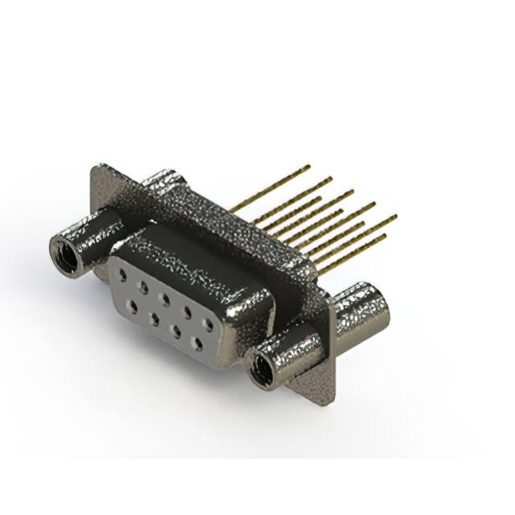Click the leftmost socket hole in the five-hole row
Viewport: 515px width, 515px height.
click(122, 275)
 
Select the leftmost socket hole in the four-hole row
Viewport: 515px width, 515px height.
click(131, 305)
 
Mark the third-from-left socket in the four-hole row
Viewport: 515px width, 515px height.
click(175, 331)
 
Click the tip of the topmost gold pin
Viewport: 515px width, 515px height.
click(308, 167)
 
